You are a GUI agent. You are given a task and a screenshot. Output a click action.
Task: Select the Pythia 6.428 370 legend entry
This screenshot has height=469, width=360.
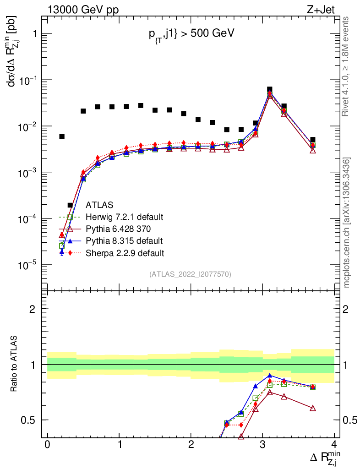tap(118, 229)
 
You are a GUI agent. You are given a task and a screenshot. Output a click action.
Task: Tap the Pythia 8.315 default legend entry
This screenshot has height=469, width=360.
tap(124, 240)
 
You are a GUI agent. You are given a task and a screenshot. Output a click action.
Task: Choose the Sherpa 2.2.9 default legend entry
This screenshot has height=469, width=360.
tap(125, 252)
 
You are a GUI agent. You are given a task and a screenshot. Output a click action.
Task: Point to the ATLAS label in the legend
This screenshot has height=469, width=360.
tap(99, 205)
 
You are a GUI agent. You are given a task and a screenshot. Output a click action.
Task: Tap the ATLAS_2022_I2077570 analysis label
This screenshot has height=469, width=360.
tap(190, 274)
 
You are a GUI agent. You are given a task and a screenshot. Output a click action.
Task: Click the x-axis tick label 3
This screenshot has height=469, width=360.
tap(262, 445)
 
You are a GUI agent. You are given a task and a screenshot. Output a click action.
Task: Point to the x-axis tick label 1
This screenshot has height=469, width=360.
tap(119, 445)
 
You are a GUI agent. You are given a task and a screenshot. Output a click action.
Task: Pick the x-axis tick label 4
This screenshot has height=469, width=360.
tap(334, 445)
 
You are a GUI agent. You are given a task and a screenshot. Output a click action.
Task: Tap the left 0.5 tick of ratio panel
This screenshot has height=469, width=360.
tap(30, 420)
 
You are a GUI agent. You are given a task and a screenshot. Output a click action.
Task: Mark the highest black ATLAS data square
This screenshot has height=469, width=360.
tap(269, 89)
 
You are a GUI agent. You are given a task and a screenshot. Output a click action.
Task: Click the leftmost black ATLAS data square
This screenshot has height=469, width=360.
tap(62, 136)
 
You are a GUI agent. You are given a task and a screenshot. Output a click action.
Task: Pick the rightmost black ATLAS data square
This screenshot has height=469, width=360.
tap(312, 139)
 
